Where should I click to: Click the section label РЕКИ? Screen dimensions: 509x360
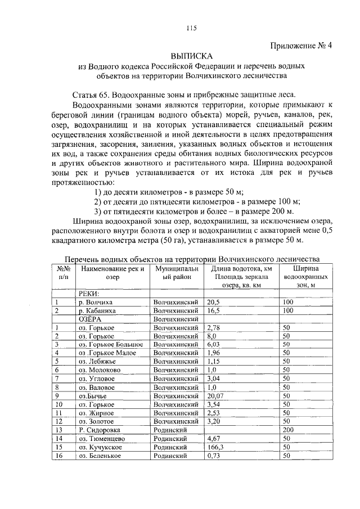click(89, 294)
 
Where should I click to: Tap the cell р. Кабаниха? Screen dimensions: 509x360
click(98, 310)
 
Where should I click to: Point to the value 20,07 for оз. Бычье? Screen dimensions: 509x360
click(215, 395)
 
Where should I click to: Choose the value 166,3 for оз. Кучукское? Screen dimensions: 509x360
click(215, 447)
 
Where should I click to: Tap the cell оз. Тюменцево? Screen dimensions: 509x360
click(101, 438)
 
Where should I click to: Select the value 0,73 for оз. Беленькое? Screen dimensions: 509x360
click(213, 455)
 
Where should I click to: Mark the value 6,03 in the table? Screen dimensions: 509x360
click(213, 344)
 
